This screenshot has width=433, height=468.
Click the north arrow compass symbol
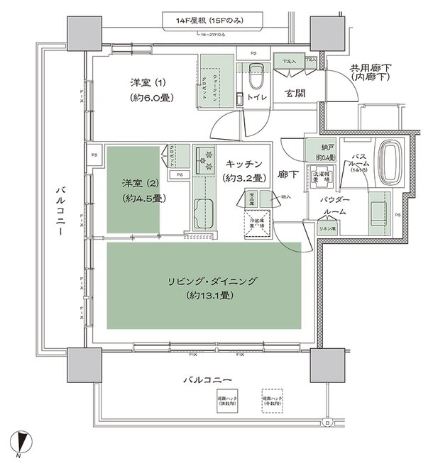[x=23, y=442]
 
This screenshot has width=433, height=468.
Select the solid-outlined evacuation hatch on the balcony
[x=229, y=401]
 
